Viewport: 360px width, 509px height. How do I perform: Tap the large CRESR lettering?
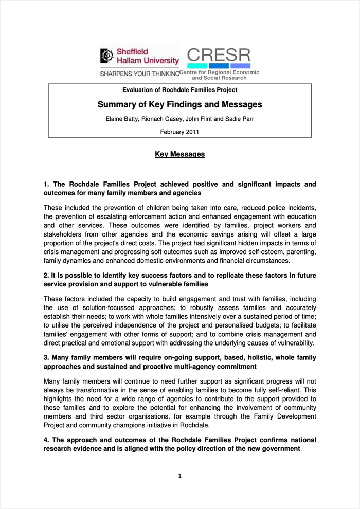(x=219, y=55)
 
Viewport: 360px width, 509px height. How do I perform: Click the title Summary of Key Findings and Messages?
(x=179, y=105)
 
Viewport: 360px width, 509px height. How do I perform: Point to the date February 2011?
(x=179, y=132)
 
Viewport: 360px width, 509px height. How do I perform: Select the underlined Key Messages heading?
(x=179, y=154)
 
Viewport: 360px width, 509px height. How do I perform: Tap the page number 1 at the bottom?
(x=180, y=476)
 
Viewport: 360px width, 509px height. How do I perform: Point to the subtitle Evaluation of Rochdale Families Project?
(x=179, y=90)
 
